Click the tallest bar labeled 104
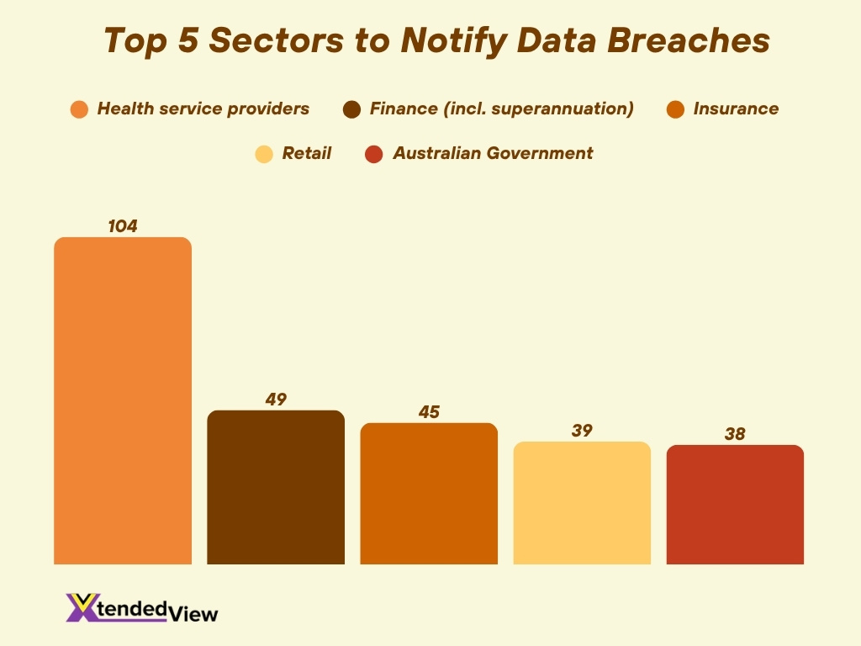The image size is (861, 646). pos(123,400)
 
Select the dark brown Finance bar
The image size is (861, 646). pos(276,487)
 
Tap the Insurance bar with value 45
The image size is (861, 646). pos(429,493)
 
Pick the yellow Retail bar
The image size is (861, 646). pos(582,502)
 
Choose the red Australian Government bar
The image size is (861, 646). pos(735,504)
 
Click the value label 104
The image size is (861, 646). pos(123,226)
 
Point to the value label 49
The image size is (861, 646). pos(276,400)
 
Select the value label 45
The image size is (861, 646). pos(429,412)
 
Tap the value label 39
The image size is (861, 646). pos(582,431)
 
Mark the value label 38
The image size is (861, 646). pos(735,434)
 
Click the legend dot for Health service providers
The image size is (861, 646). pos(80,109)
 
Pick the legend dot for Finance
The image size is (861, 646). pos(352,109)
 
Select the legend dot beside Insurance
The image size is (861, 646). pos(674,109)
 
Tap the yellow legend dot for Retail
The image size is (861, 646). pos(264,154)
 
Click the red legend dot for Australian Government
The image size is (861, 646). pos(374,154)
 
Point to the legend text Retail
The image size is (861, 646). pos(306,153)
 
